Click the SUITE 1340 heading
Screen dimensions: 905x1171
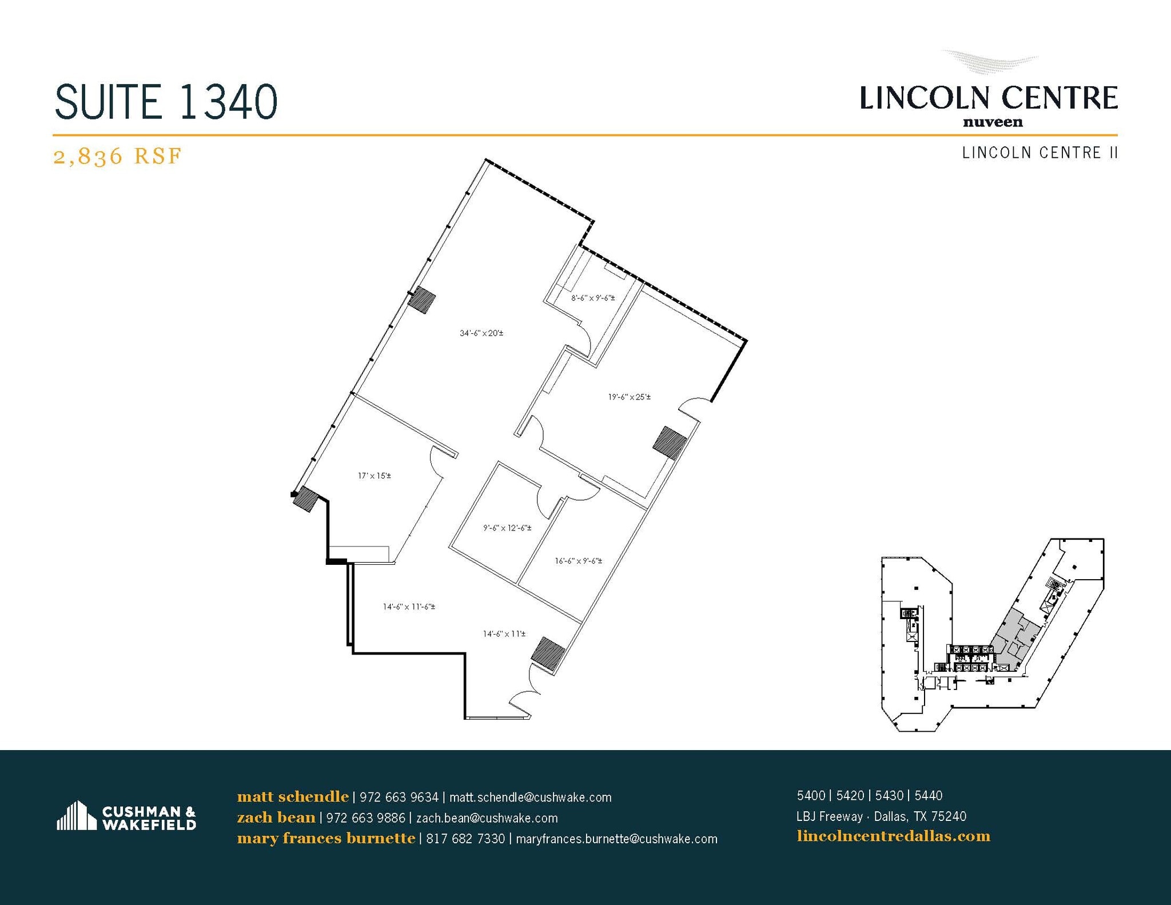[x=166, y=102]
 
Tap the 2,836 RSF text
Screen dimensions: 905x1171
[x=117, y=156]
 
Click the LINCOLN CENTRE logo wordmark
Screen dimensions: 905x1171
[x=989, y=98]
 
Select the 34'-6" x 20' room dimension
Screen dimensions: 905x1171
[x=481, y=333]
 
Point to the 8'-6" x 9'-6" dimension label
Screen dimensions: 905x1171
[x=593, y=298]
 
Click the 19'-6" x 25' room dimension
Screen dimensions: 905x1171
[x=629, y=397]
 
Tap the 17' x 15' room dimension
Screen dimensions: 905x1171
[x=375, y=476]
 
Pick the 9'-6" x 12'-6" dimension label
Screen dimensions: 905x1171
[x=507, y=528]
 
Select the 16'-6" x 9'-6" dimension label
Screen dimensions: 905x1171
[x=578, y=561]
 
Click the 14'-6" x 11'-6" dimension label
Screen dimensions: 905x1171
[x=409, y=607]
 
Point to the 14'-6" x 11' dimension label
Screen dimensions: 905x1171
[x=504, y=634]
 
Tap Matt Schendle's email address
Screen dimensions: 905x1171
[x=530, y=798]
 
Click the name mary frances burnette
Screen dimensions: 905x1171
[x=326, y=839]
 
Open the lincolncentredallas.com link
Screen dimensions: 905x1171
[x=893, y=836]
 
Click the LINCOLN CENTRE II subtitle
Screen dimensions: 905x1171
[x=1039, y=153]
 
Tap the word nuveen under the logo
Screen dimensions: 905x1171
[x=993, y=122]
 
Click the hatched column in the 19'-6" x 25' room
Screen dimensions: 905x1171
[x=670, y=442]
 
